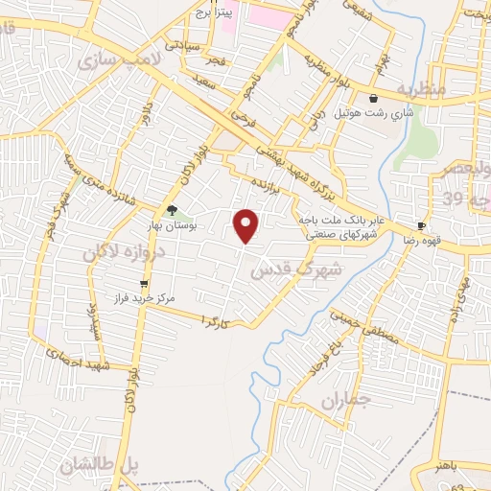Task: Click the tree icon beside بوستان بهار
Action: [x=172, y=209]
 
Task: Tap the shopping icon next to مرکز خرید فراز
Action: [x=144, y=284]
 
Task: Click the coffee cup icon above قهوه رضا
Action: [x=421, y=226]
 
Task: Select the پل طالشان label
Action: [x=100, y=466]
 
